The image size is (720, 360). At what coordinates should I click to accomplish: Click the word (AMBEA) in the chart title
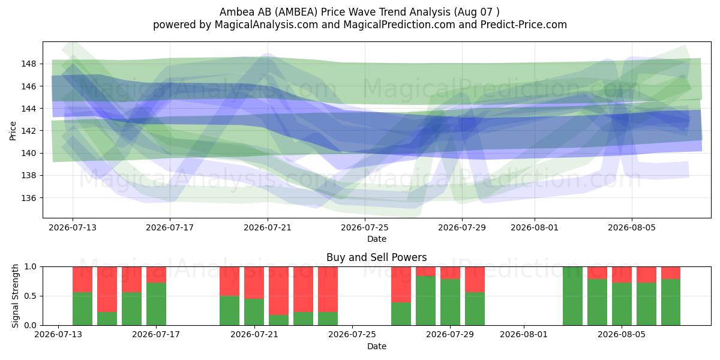click(298, 12)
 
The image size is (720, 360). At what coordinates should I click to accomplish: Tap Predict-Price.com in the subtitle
click(524, 25)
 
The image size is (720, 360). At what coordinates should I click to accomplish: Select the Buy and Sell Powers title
click(376, 257)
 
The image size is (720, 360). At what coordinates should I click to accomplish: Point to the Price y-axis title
click(13, 131)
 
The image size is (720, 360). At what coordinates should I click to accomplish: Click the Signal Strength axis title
click(15, 296)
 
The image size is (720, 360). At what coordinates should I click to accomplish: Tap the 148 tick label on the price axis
click(29, 64)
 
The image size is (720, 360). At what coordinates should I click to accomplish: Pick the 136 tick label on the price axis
click(29, 198)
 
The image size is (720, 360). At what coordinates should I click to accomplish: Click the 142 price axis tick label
click(29, 131)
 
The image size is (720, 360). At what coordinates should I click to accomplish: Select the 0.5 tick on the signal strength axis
click(31, 296)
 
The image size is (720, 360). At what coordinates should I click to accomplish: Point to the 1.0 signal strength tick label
click(31, 267)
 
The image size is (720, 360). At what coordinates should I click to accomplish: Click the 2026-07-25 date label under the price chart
click(365, 227)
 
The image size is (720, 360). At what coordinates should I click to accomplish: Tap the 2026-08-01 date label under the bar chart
click(524, 334)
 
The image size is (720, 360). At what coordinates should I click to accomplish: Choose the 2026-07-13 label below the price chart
click(73, 227)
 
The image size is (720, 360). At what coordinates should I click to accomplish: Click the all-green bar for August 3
click(572, 296)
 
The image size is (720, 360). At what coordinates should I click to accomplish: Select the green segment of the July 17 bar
click(156, 304)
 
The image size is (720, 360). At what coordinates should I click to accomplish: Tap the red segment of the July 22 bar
click(278, 291)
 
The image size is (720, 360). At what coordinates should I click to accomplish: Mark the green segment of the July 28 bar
click(425, 301)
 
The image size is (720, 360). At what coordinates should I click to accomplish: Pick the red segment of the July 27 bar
click(401, 284)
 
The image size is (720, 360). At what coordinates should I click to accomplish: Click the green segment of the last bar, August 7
click(671, 302)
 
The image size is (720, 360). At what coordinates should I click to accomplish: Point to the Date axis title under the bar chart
click(377, 346)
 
